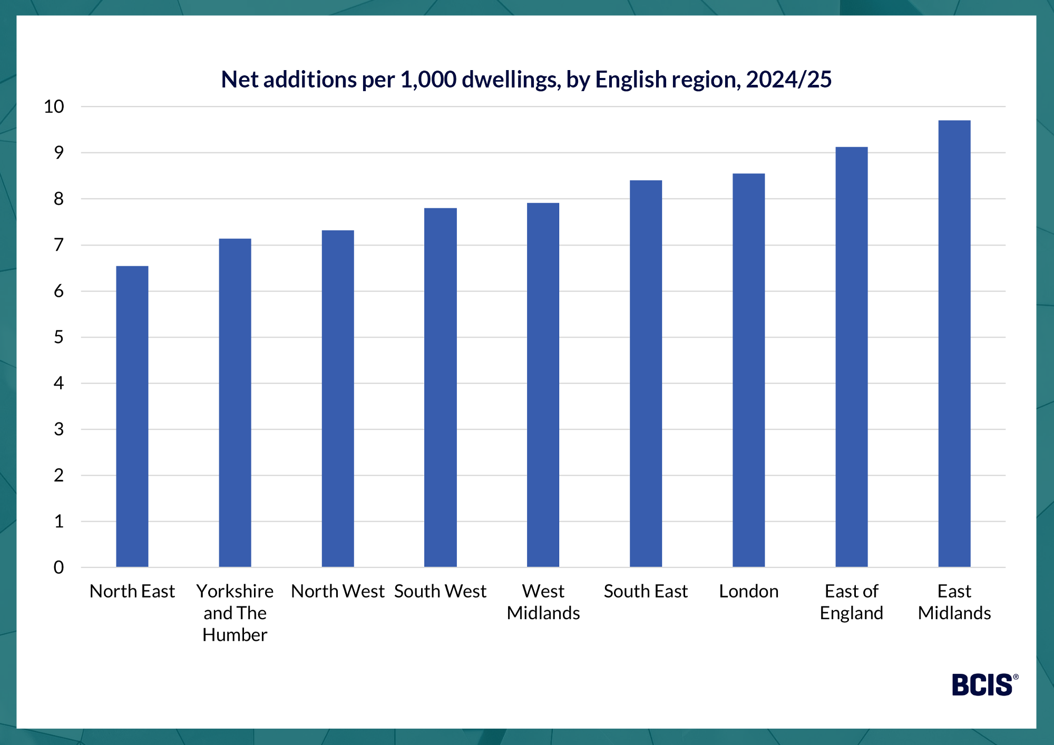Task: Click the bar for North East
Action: coord(132,416)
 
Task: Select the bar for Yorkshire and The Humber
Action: coord(235,403)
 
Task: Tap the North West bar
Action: coord(338,399)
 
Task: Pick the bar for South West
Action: coord(441,387)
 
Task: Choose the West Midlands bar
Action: coord(543,385)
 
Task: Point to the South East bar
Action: coord(646,374)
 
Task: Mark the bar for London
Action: coord(749,370)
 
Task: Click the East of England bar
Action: coord(852,357)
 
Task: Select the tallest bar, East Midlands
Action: coord(954,344)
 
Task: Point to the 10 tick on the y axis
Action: coord(54,106)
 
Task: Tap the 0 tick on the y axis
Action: coord(58,567)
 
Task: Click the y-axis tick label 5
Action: coord(58,337)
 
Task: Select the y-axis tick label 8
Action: coord(58,199)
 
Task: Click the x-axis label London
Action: coord(749,591)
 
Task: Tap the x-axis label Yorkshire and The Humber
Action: coord(235,613)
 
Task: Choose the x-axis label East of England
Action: coord(852,602)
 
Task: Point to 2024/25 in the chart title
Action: coord(788,80)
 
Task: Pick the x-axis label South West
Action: coord(441,591)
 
